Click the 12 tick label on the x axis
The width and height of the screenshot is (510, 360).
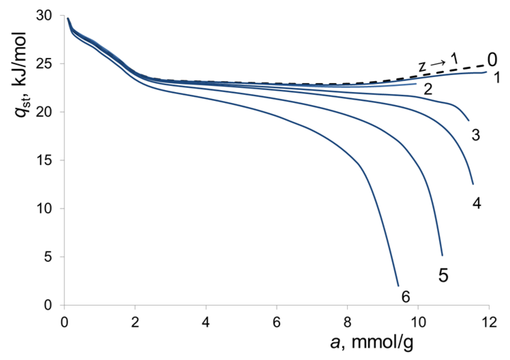coord(489,322)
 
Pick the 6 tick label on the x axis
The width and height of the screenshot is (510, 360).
coord(277,322)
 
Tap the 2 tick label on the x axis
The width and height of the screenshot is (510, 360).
coord(135,322)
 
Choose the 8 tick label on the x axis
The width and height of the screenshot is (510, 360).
coord(347,322)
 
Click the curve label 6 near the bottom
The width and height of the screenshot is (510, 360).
coord(405,297)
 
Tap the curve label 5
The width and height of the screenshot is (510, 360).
coord(443,275)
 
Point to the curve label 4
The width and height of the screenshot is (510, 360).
coord(477,203)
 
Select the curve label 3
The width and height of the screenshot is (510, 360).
coord(476,135)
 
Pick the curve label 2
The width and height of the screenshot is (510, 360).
coord(428,89)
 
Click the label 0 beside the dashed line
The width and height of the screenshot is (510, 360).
coord(492,60)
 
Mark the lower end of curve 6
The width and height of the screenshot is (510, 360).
coord(398,286)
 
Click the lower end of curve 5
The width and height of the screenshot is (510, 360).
coord(442,255)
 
